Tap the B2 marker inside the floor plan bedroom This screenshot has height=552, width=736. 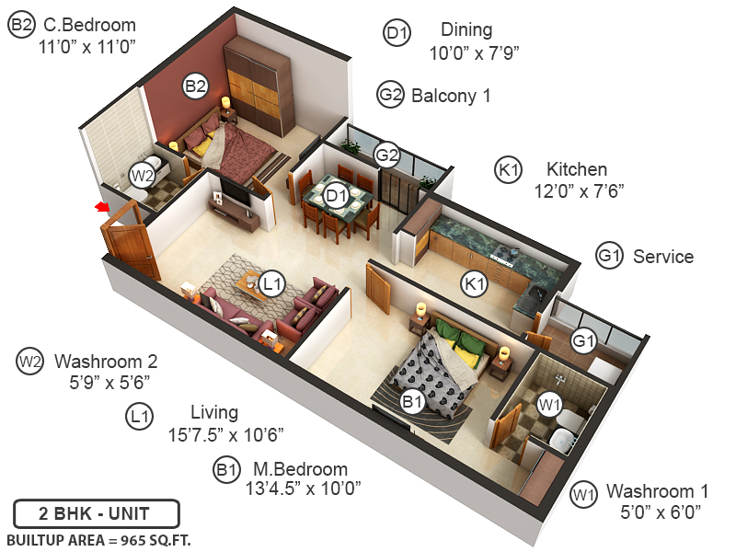(x=195, y=86)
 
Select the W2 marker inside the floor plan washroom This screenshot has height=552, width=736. (x=141, y=175)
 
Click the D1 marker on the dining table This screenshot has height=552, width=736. (x=336, y=195)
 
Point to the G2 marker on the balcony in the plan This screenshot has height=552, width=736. (x=387, y=155)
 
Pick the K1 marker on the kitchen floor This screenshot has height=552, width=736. (x=475, y=284)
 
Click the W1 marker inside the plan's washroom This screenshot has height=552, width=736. (x=549, y=403)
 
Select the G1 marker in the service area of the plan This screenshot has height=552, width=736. (x=584, y=340)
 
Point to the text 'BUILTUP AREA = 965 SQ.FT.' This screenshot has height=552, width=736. (x=98, y=539)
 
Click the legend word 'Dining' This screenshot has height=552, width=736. (x=466, y=31)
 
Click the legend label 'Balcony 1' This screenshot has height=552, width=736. (x=451, y=96)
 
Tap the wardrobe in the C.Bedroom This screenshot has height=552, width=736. (x=260, y=88)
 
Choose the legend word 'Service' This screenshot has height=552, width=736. (x=663, y=257)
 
